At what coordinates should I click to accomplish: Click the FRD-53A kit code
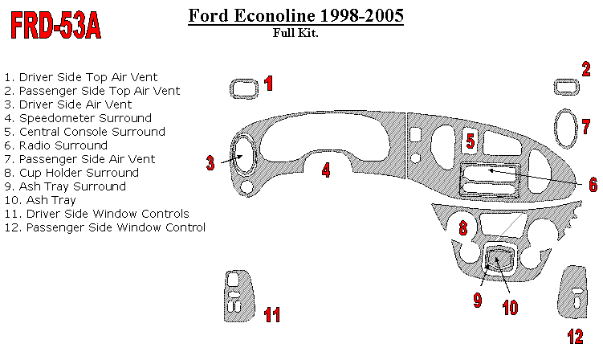pyautogui.click(x=55, y=27)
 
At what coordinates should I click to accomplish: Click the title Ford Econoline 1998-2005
pyautogui.click(x=295, y=16)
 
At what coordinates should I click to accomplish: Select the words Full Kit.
pyautogui.click(x=295, y=34)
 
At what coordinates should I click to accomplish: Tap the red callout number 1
pyautogui.click(x=269, y=83)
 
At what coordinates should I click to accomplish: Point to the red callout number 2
pyautogui.click(x=586, y=68)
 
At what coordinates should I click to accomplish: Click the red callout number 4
pyautogui.click(x=326, y=170)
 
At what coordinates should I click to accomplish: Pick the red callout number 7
pyautogui.click(x=586, y=126)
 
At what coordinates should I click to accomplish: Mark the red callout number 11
pyautogui.click(x=272, y=315)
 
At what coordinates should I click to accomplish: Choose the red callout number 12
pyautogui.click(x=575, y=337)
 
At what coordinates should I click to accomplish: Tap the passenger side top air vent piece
pyautogui.click(x=566, y=87)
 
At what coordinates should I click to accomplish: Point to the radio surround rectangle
pyautogui.click(x=489, y=180)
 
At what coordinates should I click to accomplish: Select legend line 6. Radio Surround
pyautogui.click(x=56, y=145)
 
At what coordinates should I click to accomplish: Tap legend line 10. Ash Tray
pyautogui.click(x=40, y=200)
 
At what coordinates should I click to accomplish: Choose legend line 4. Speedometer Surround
pyautogui.click(x=78, y=118)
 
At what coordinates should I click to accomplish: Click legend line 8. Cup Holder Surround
pyautogui.click(x=71, y=173)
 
